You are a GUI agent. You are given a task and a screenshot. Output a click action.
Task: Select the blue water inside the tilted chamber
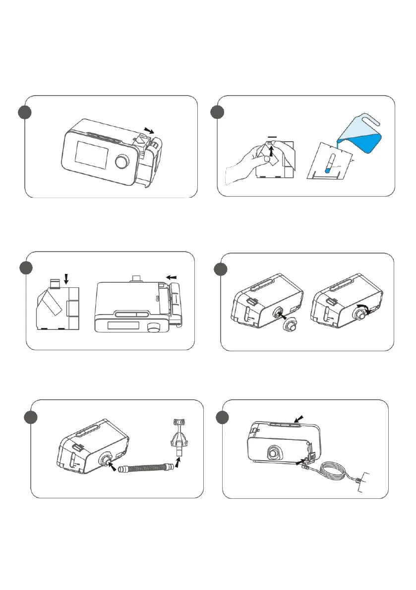(x=328, y=168)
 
